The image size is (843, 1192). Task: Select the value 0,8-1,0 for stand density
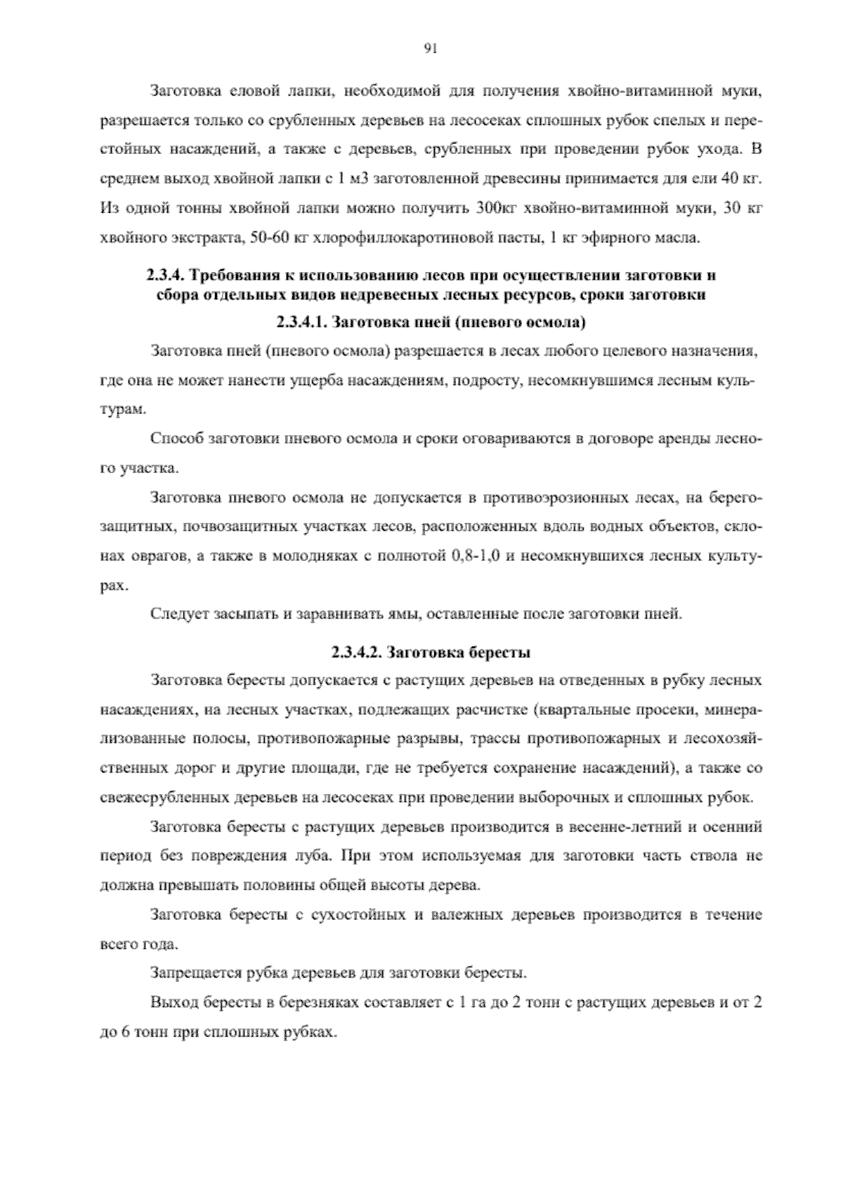tap(473, 556)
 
